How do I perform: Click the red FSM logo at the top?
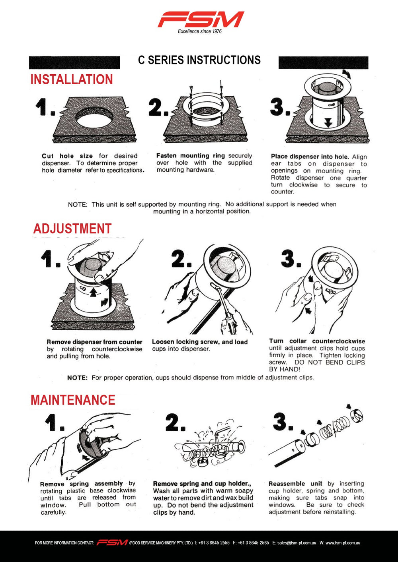pyautogui.click(x=201, y=19)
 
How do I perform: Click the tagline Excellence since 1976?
pyautogui.click(x=200, y=31)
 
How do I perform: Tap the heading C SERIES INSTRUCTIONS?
pyautogui.click(x=199, y=60)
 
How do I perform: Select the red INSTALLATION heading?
pyautogui.click(x=72, y=79)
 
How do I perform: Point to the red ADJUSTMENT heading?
pyautogui.click(x=72, y=229)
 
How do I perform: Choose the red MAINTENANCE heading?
pyautogui.click(x=73, y=400)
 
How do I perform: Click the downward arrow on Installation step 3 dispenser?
pyautogui.click(x=328, y=123)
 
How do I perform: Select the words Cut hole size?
pyautogui.click(x=67, y=156)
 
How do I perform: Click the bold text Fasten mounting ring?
pyautogui.click(x=191, y=155)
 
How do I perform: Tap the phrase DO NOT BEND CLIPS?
pyautogui.click(x=330, y=362)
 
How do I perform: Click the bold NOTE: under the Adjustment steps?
pyautogui.click(x=77, y=378)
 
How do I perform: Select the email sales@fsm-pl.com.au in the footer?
pyautogui.click(x=297, y=543)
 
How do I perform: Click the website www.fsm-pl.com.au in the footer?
pyautogui.click(x=343, y=543)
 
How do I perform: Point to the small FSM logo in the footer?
pyautogui.click(x=112, y=543)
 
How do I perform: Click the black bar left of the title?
pyautogui.click(x=75, y=62)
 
